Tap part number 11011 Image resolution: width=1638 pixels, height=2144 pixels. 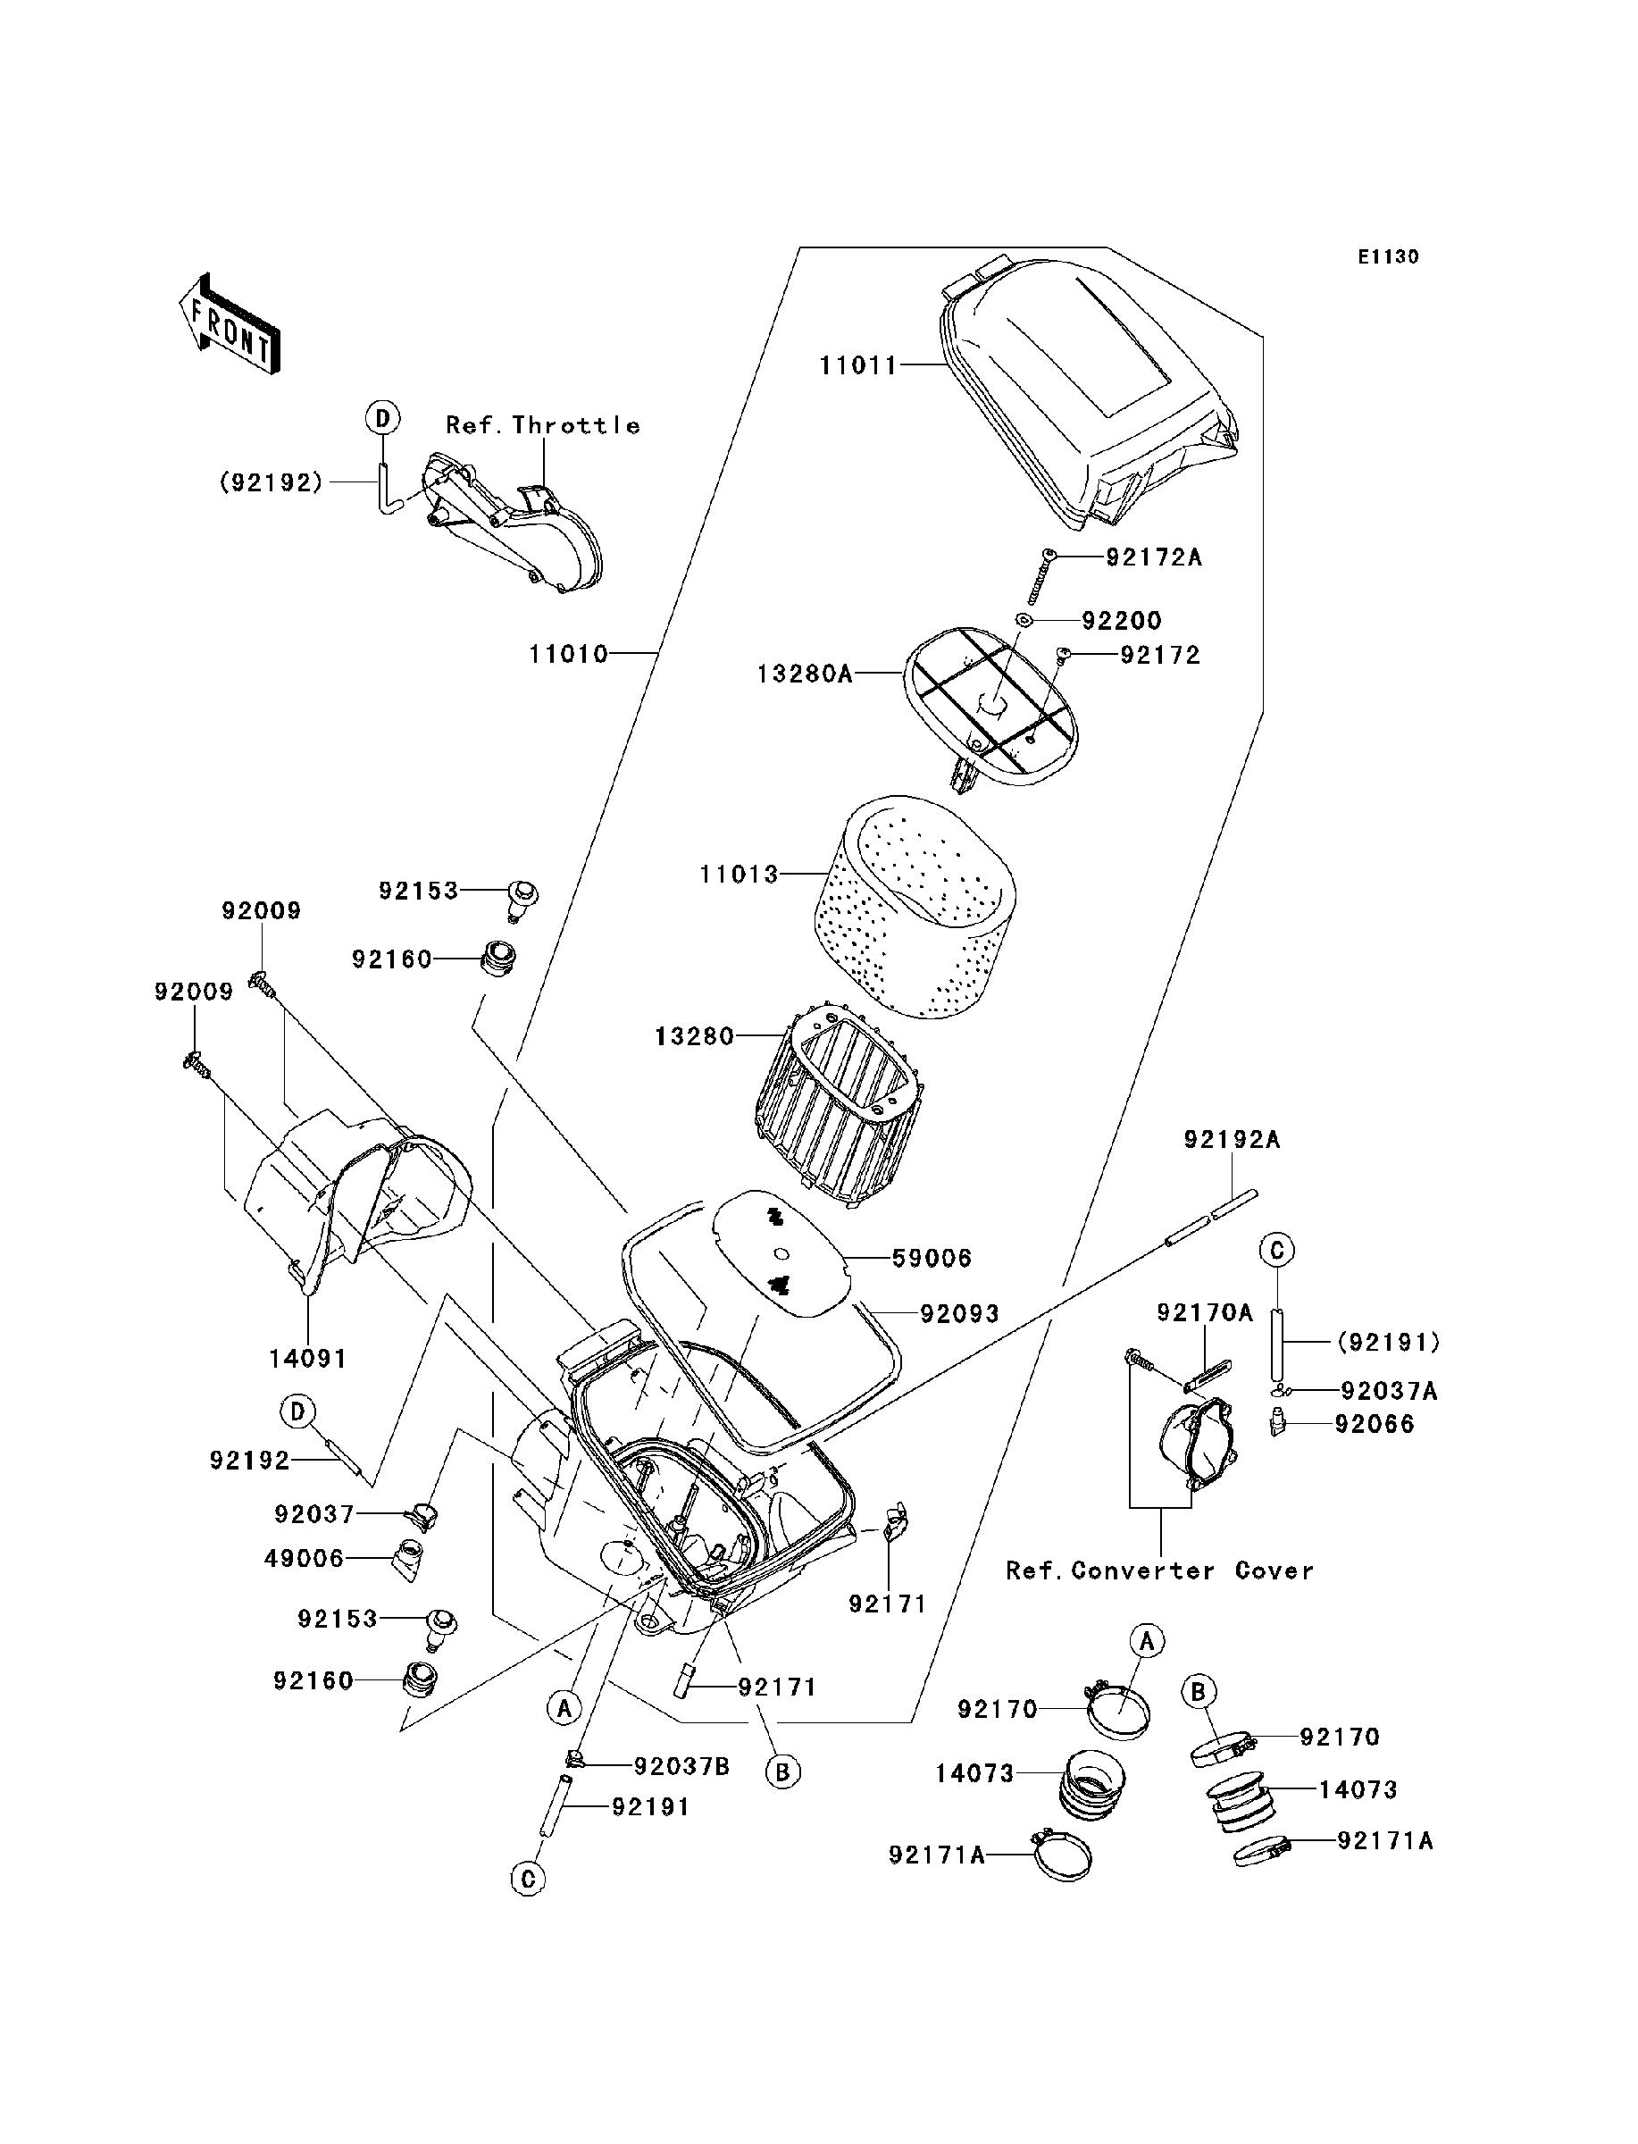[x=857, y=365]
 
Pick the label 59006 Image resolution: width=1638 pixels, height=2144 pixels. [x=932, y=1259]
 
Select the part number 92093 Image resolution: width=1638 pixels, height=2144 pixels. [x=959, y=1314]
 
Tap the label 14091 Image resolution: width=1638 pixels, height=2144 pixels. [x=308, y=1357]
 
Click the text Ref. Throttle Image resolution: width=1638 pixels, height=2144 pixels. [x=543, y=425]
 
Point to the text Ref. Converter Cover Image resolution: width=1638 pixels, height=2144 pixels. [x=1159, y=1570]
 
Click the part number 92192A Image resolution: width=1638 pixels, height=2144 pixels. [x=1233, y=1139]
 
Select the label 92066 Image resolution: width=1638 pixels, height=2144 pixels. [x=1375, y=1425]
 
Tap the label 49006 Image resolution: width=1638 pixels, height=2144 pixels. [x=305, y=1558]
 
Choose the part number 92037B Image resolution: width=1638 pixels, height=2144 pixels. [x=681, y=1767]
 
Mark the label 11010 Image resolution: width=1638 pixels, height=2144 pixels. [x=568, y=653]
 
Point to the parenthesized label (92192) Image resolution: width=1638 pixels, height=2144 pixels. [x=271, y=482]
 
